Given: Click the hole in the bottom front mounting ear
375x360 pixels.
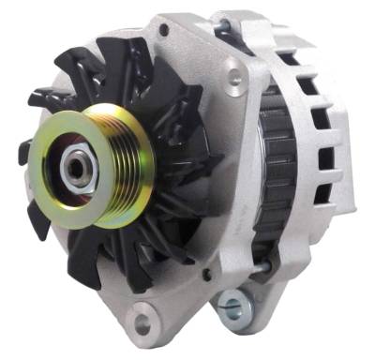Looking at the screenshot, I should [x=142, y=325].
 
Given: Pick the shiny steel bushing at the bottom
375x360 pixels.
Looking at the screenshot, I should [x=231, y=304].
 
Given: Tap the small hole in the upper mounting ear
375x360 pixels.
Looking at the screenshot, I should [x=164, y=31].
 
